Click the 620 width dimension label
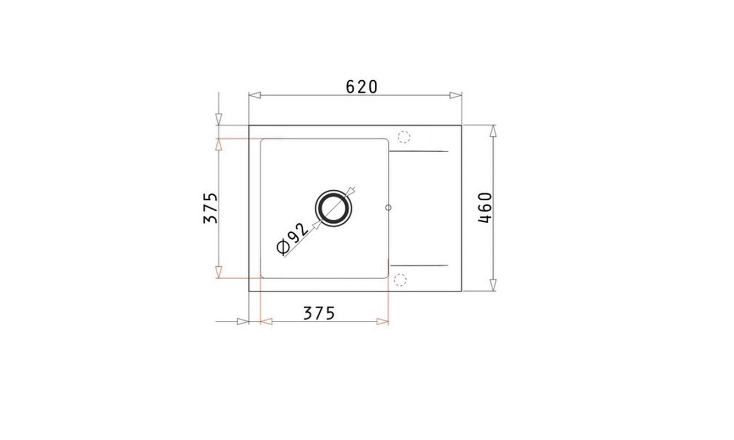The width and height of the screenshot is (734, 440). (362, 87)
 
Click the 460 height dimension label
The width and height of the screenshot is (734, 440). (485, 208)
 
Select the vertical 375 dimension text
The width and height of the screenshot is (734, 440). (211, 208)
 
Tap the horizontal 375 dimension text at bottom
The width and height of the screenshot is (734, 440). (319, 313)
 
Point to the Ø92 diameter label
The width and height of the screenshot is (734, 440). (292, 239)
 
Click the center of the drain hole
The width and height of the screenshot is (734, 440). (333, 208)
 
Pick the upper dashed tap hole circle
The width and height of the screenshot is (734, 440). (404, 137)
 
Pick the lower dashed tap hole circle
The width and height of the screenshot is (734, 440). (400, 280)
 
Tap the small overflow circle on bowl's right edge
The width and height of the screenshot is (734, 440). (388, 208)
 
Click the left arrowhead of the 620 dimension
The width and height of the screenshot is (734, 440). (255, 95)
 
